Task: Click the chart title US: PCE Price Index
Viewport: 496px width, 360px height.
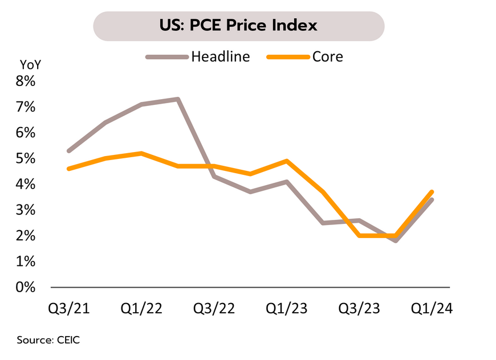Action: [x=238, y=26]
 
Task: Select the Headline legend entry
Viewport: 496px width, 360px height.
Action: [x=220, y=56]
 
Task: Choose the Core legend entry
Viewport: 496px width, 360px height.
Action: [x=327, y=56]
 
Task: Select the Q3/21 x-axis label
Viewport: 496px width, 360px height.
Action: [x=69, y=309]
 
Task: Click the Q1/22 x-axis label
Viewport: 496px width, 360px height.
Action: [x=141, y=309]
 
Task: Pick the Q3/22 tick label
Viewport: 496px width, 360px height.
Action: [x=214, y=309]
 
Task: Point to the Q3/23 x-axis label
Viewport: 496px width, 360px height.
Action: [x=359, y=309]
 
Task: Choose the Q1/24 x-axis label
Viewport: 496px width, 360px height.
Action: [x=432, y=309]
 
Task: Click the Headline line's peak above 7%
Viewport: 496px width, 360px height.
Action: [x=178, y=99]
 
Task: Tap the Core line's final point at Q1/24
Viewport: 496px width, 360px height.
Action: [x=432, y=192]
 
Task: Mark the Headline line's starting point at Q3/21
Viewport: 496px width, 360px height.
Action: [x=69, y=151]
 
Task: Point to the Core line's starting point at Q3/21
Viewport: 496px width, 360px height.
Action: [x=69, y=169]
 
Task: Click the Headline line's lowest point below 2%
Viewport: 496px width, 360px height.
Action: [x=396, y=240]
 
